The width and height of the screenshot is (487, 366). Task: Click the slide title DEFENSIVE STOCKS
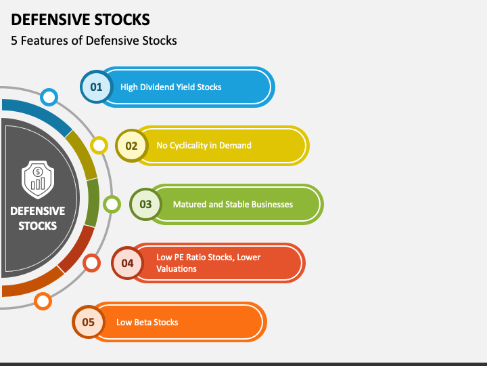click(80, 19)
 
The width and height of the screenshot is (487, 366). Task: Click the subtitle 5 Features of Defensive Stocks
click(94, 41)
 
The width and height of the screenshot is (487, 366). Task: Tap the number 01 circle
click(96, 87)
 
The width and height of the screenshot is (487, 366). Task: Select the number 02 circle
click(131, 146)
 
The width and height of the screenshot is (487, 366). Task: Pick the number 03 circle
click(145, 204)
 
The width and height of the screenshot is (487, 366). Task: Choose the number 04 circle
click(127, 263)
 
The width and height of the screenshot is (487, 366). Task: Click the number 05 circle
click(89, 322)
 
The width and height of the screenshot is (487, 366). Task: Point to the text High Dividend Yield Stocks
click(170, 87)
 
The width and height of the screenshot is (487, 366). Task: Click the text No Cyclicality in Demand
click(204, 145)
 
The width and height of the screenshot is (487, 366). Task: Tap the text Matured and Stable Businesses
click(233, 204)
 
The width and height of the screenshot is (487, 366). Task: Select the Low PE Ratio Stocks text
click(208, 258)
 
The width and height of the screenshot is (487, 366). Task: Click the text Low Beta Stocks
click(147, 322)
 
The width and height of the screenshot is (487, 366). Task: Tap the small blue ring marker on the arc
click(49, 97)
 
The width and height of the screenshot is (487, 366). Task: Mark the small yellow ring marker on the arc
click(99, 145)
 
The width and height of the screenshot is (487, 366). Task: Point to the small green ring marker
click(112, 203)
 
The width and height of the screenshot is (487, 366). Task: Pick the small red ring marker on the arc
click(92, 262)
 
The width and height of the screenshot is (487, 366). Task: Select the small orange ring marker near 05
click(43, 301)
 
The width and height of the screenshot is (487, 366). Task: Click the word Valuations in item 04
click(177, 269)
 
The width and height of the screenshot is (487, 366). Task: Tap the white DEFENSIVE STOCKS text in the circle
click(38, 218)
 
